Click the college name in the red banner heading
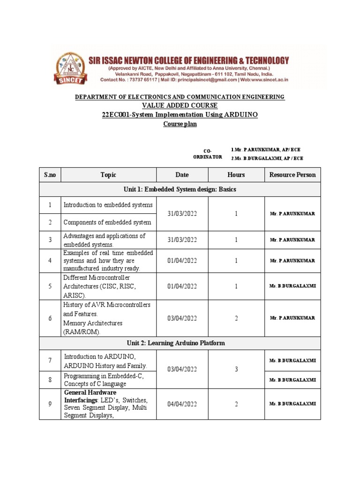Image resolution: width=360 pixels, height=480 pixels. [189, 60]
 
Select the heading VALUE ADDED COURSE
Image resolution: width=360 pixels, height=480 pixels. [180, 105]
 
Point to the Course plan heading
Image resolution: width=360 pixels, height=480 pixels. [180, 124]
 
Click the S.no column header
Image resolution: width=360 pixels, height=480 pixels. [50, 175]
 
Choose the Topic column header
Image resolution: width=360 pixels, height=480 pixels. [108, 175]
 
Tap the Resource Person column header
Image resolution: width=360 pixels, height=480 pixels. [292, 175]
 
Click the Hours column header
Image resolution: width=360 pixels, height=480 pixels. [236, 175]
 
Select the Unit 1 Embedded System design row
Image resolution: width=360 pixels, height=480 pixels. [180, 189]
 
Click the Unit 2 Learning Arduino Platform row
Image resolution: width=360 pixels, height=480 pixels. [180, 343]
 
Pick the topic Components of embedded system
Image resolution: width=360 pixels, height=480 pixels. [107, 222]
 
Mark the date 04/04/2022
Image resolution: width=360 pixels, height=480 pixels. [182, 404]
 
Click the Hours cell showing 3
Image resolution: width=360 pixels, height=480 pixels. [236, 369]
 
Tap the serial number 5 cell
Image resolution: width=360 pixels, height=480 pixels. [50, 286]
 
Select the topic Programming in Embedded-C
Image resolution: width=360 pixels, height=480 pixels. [103, 376]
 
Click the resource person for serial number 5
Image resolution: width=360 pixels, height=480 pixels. [292, 286]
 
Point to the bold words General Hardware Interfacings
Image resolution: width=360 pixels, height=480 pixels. [90, 396]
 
